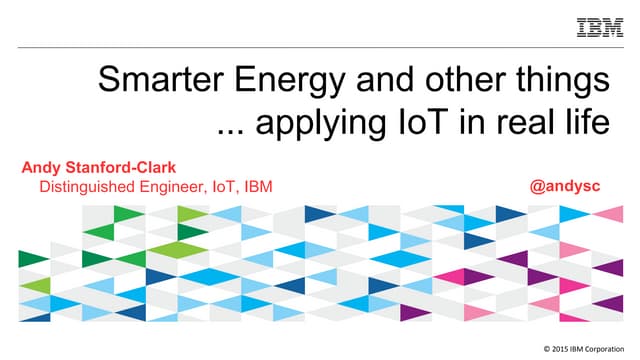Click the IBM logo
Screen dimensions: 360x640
tap(600, 27)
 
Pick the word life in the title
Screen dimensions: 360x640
tap(585, 124)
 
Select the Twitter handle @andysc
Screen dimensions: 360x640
tap(571, 186)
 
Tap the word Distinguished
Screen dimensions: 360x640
tap(93, 187)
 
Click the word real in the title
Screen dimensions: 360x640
tap(521, 124)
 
